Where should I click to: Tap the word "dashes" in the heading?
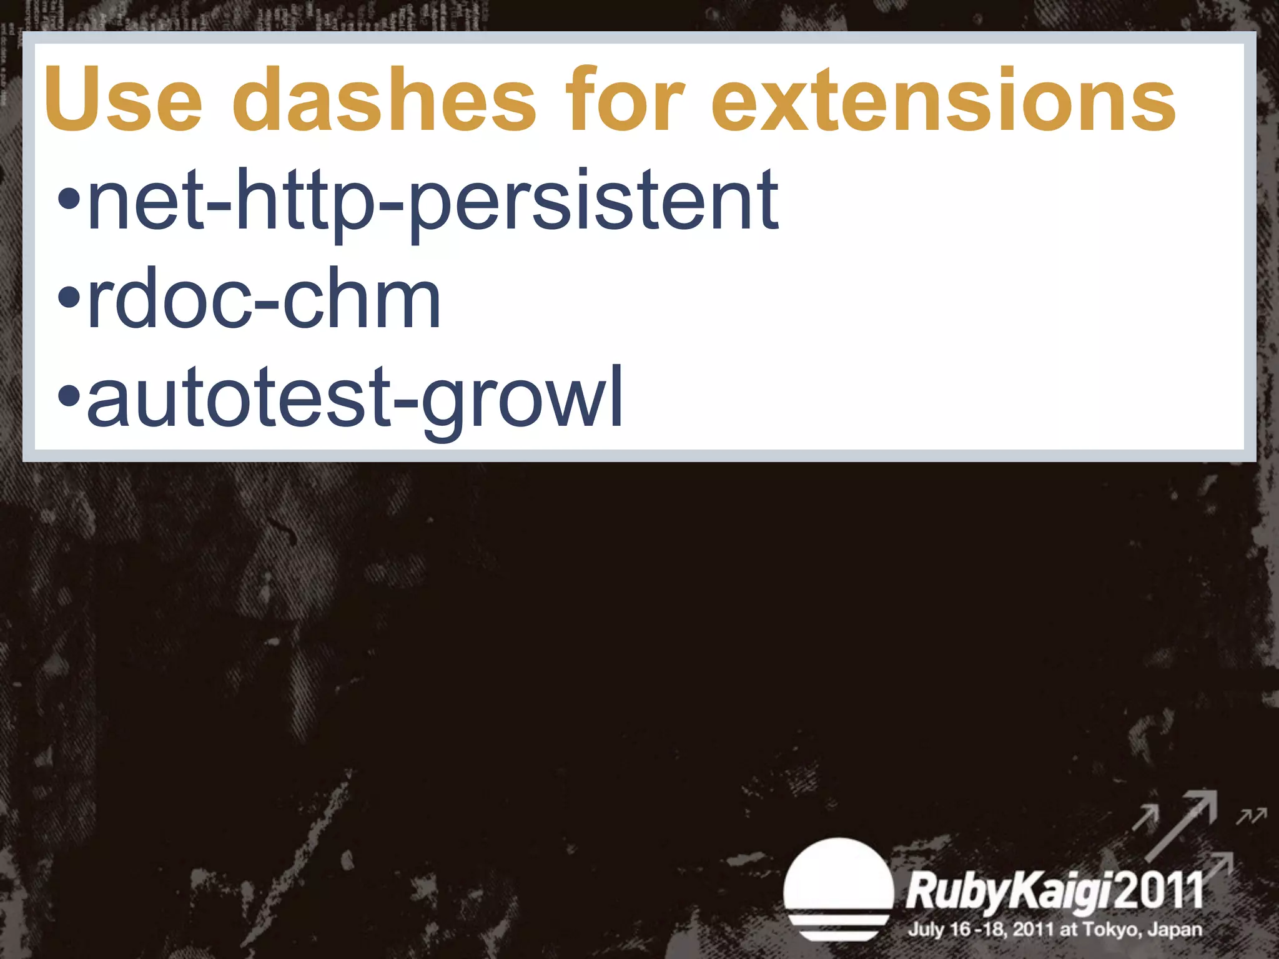pyautogui.click(x=384, y=100)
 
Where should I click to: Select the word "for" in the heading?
pyautogui.click(x=625, y=100)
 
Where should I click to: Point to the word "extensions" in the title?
pyautogui.click(x=943, y=100)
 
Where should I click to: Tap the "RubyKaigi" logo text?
pyautogui.click(x=1009, y=892)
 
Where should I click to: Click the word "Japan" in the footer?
pyautogui.click(x=1175, y=930)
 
